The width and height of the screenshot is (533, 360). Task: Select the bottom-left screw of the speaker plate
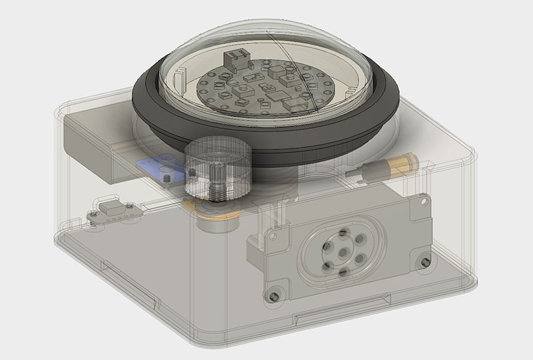click(272, 295)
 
